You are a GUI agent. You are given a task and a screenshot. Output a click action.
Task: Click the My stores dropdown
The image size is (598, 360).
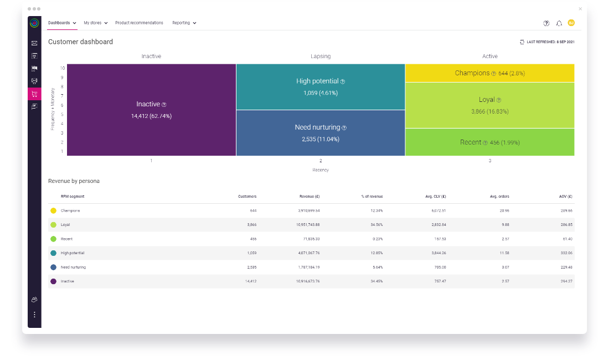(x=95, y=23)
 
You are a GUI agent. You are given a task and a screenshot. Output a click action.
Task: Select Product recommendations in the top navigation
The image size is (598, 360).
(x=139, y=23)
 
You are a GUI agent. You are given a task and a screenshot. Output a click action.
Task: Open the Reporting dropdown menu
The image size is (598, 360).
(x=184, y=23)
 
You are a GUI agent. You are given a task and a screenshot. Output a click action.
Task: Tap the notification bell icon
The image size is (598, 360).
(x=559, y=23)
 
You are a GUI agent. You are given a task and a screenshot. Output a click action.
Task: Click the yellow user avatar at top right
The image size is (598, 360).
(x=571, y=23)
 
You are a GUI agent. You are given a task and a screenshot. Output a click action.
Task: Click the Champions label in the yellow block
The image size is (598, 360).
(x=472, y=73)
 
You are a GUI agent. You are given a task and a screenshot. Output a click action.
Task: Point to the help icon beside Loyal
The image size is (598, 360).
(x=499, y=100)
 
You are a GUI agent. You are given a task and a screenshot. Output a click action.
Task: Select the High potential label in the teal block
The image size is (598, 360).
(x=317, y=81)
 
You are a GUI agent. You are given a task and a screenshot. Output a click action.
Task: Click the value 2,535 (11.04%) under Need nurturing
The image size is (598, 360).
(x=321, y=139)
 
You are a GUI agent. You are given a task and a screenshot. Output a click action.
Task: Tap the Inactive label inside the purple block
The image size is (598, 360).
(x=148, y=104)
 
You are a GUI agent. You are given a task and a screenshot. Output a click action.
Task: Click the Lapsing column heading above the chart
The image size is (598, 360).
(x=321, y=56)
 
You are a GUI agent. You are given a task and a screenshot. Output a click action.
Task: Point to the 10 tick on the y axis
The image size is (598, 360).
(x=62, y=68)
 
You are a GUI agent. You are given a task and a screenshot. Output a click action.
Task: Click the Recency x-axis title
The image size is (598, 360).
(x=321, y=170)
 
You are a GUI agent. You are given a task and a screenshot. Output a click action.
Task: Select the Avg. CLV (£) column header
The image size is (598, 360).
(x=435, y=197)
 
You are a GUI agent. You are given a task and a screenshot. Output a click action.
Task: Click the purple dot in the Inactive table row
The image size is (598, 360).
(x=53, y=281)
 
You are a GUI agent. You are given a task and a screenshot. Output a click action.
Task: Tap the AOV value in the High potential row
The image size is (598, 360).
(x=566, y=253)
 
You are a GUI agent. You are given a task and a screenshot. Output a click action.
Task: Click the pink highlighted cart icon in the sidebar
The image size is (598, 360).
(x=34, y=94)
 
